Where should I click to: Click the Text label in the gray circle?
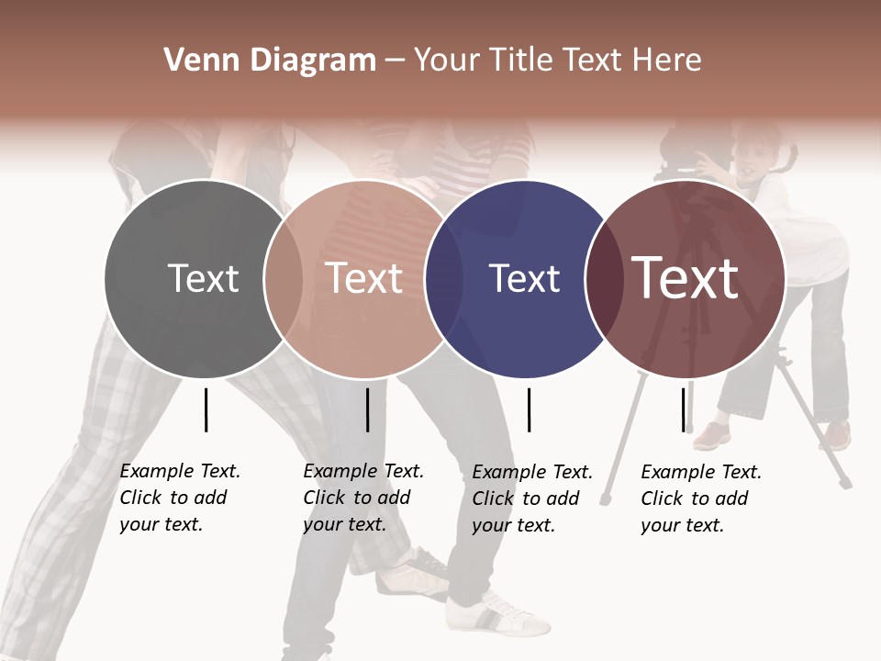point(203,278)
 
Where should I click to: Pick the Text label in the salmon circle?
point(364,278)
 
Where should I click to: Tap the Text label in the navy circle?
point(524,278)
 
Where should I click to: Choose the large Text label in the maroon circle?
point(686,278)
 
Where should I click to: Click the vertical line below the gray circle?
point(206,409)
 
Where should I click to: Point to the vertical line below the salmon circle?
point(367,409)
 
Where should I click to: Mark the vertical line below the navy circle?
point(529,409)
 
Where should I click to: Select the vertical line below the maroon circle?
point(683,409)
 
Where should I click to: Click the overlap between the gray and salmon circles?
point(283,278)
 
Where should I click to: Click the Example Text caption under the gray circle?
point(179,498)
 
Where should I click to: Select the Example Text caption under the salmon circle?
point(362,498)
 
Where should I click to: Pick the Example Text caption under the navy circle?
point(532,499)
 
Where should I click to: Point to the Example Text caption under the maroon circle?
point(700,499)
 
